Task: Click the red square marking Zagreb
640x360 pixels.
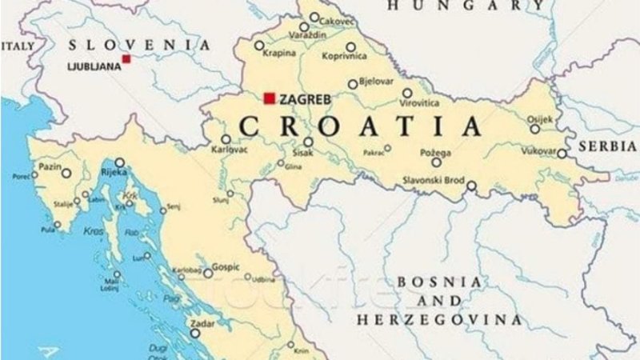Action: (270, 98)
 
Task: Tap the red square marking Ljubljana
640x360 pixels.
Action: (126, 58)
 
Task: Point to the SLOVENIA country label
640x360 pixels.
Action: (140, 45)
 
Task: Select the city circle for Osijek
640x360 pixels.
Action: (534, 129)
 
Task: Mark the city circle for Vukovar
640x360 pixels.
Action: (562, 154)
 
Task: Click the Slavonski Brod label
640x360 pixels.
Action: (433, 179)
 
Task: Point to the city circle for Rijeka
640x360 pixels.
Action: (119, 162)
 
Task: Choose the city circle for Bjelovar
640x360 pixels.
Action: (353, 84)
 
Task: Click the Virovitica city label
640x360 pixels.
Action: (420, 103)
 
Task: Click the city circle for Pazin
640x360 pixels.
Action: (66, 173)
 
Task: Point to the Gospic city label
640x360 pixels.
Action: (226, 265)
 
